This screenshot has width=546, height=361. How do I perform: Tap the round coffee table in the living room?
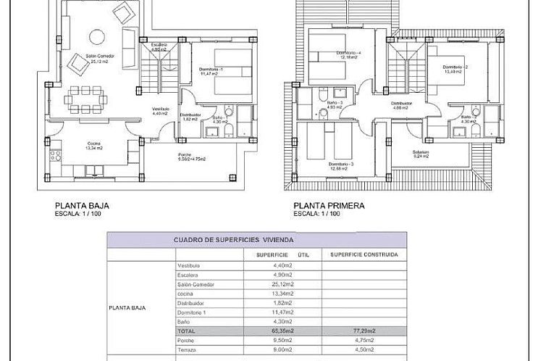(x=95, y=36)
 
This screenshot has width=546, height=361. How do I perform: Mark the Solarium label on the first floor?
(x=421, y=152)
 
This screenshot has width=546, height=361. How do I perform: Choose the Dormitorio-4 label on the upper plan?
(x=348, y=53)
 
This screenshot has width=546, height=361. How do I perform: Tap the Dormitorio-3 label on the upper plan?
(x=340, y=165)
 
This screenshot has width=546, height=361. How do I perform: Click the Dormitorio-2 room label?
(x=457, y=67)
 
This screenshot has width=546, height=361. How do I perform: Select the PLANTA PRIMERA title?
(x=329, y=206)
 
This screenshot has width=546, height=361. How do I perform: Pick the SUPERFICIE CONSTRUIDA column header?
(x=364, y=254)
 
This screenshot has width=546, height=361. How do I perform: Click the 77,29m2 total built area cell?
(x=364, y=331)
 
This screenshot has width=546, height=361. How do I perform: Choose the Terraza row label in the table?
(x=188, y=349)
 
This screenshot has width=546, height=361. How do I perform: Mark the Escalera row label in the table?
(x=188, y=275)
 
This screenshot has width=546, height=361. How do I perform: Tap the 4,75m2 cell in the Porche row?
(x=364, y=340)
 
